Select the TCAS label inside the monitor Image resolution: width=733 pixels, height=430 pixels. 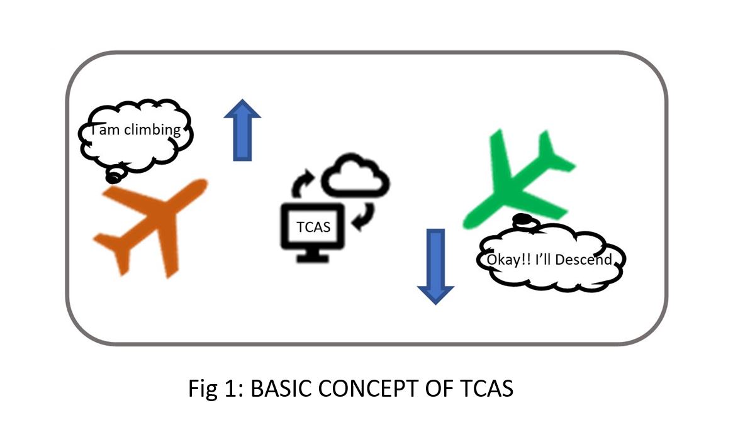[x=313, y=227]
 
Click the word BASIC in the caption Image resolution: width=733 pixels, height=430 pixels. [x=281, y=389]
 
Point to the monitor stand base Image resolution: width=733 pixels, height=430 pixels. [x=313, y=258]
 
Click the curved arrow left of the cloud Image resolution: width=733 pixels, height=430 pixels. [x=302, y=182]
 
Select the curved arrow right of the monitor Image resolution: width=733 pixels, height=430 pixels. [x=364, y=215]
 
